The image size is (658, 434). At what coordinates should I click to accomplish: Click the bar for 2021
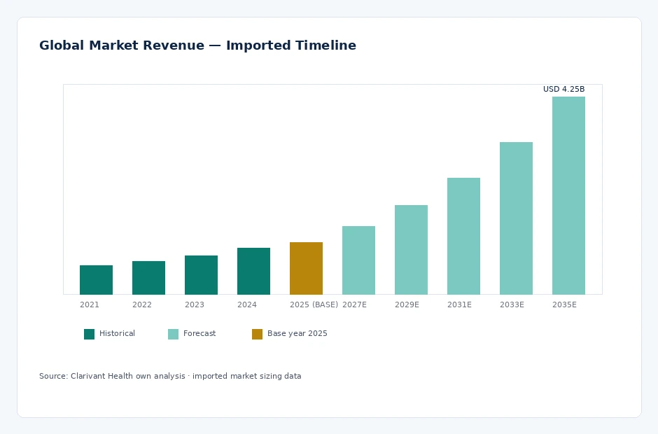(96, 280)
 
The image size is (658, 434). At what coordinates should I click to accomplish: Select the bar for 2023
(201, 275)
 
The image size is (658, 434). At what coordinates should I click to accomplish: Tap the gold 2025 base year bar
(306, 268)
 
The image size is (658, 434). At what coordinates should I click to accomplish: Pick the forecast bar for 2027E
(358, 260)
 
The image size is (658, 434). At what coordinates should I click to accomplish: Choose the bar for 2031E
(463, 237)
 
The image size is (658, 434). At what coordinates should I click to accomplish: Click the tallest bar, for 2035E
(568, 195)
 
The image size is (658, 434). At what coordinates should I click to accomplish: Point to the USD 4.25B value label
(563, 89)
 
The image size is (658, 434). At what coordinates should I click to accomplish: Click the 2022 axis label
(142, 304)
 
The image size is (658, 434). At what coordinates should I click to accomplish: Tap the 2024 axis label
(246, 304)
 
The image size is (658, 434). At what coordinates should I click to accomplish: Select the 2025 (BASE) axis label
(314, 304)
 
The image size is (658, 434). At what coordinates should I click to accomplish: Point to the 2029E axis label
(407, 304)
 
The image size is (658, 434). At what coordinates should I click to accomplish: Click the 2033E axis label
(512, 304)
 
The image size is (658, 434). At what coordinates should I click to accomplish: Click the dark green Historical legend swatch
(89, 334)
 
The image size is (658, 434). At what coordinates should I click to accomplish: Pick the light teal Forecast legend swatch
(173, 334)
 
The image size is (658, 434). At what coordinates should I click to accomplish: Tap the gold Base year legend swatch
(257, 334)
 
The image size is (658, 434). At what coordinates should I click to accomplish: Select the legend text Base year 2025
(297, 334)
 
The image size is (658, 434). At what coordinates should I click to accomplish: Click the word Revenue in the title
(173, 45)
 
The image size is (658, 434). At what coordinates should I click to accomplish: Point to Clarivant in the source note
(87, 376)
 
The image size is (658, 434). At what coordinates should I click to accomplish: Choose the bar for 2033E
(516, 218)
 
